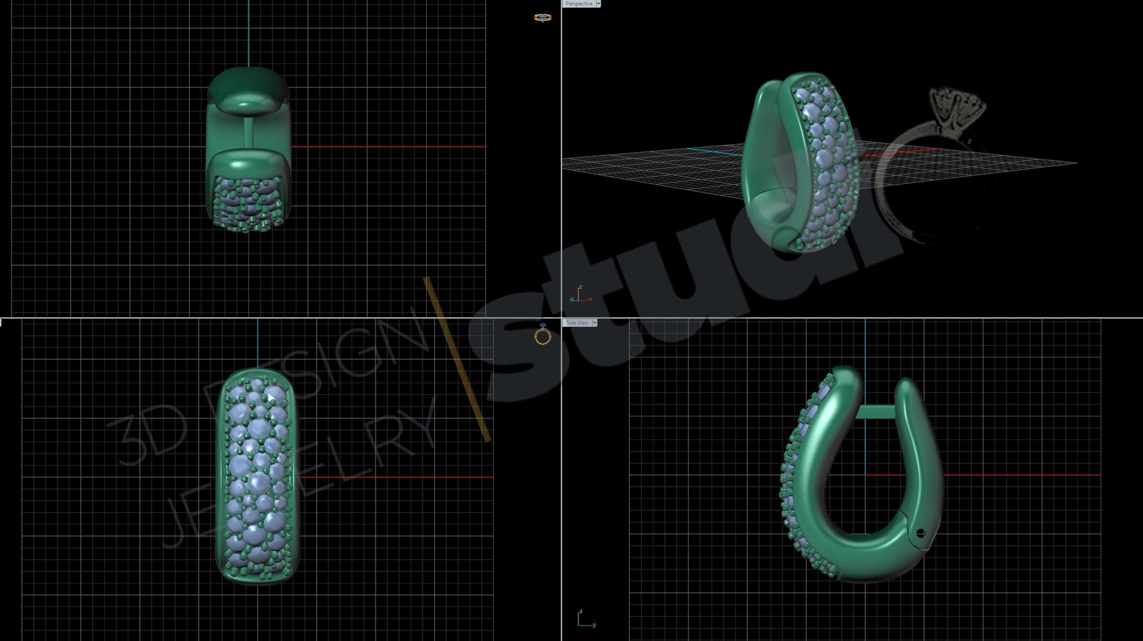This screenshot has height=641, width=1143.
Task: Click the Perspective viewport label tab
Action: [579, 4]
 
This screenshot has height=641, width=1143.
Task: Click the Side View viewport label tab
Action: [577, 323]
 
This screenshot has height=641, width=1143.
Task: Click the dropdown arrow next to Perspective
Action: [598, 4]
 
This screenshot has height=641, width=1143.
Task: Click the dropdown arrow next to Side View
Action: [595, 323]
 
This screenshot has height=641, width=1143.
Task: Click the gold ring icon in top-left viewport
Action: [542, 18]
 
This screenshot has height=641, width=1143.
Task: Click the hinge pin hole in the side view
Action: [920, 533]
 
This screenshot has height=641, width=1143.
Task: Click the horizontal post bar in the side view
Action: [874, 412]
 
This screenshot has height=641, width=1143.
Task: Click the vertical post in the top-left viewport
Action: [248, 132]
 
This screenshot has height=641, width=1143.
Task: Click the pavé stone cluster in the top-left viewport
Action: [247, 204]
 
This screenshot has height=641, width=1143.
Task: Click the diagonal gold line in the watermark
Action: [457, 359]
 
